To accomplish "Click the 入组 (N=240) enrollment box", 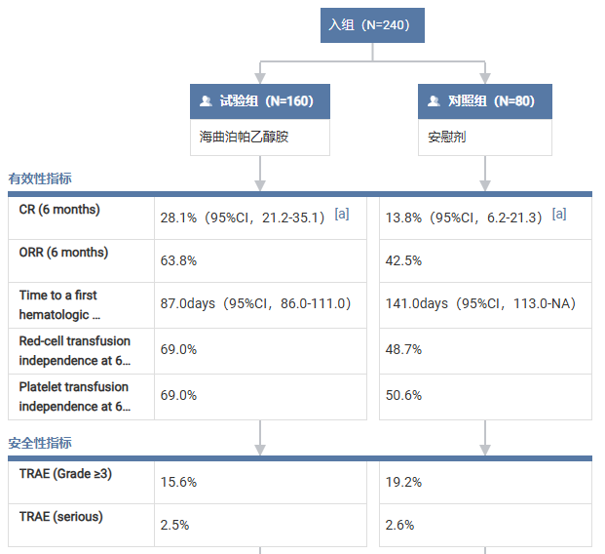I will pos(372,24).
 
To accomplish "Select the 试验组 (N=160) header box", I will pos(260,100).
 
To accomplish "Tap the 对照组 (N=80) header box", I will pos(484,100).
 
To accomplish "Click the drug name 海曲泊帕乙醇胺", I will pos(244,137).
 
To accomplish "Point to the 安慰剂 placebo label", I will pos(447,137).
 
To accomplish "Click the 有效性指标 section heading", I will pos(40,178).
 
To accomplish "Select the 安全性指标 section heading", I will pos(40,442).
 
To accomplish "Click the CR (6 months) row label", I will pos(59,210).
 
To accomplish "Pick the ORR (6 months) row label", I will pos(63,253).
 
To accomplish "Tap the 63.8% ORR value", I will pos(178,260).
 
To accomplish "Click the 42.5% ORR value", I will pos(403,260).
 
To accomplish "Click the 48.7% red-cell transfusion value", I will pos(403,349).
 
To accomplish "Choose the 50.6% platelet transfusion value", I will pos(403,395).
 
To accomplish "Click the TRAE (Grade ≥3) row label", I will pos(66,474).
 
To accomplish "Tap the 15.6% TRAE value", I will pos(178,482).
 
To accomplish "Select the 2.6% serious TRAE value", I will pos(399,525).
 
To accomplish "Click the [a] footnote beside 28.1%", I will pos(341,214).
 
